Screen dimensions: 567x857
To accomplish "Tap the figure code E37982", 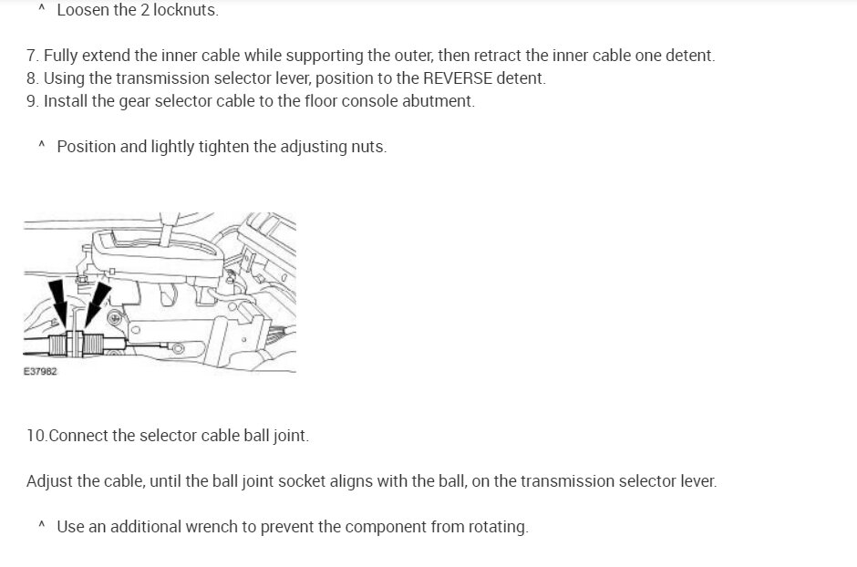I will [x=40, y=372].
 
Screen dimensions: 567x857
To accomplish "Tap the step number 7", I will [x=32, y=56].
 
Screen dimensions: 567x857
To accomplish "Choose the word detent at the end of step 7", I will [x=691, y=56].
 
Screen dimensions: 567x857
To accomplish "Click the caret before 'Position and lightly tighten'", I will [x=41, y=146].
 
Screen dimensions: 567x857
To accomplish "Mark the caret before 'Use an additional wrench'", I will [x=41, y=526].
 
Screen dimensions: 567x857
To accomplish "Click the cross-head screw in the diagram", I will [x=114, y=318].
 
